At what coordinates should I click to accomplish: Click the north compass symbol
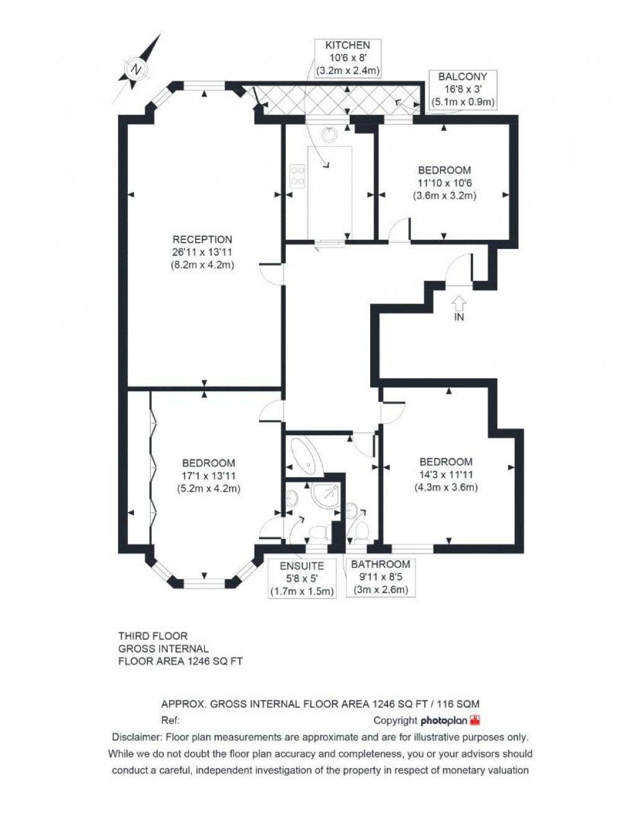[135, 69]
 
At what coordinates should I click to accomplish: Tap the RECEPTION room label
[202, 240]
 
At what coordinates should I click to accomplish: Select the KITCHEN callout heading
[348, 45]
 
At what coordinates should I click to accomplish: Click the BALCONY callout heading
[463, 77]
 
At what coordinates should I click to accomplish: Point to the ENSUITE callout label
[302, 566]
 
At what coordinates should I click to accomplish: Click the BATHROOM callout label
[381, 564]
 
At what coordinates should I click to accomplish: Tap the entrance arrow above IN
[459, 303]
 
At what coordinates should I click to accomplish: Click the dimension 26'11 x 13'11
[202, 252]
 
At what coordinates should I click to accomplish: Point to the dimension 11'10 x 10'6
[444, 183]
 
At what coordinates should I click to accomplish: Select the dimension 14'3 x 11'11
[446, 474]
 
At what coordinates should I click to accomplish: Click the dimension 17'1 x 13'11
[208, 476]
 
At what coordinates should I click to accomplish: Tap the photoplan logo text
[443, 721]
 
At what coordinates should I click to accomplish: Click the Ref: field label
[170, 721]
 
